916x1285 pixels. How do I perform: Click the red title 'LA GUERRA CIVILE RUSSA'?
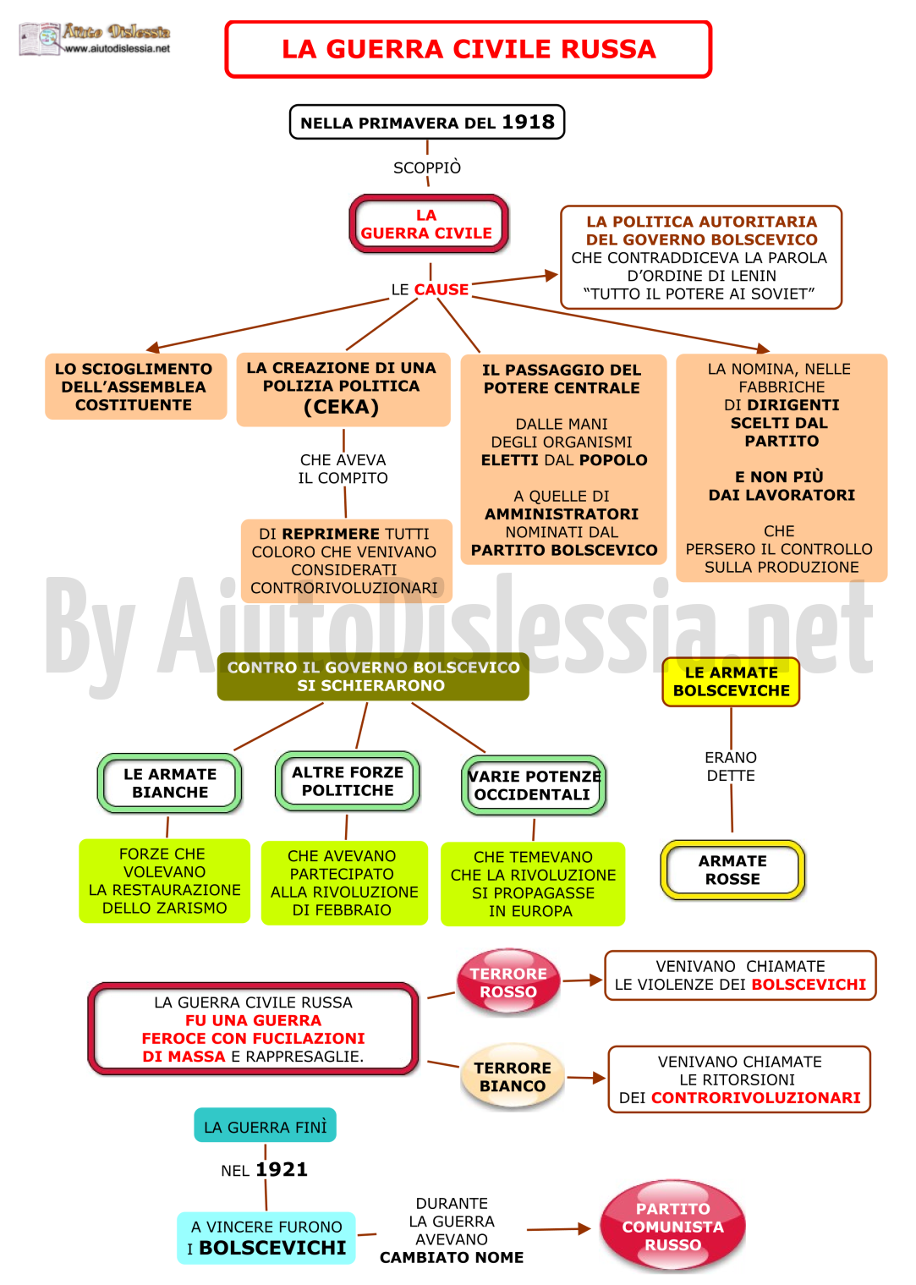click(468, 49)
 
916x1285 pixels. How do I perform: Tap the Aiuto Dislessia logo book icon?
click(39, 38)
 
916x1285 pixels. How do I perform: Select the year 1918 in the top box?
click(528, 122)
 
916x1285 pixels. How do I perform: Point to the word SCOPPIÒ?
click(427, 167)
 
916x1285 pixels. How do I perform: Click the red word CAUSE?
click(441, 289)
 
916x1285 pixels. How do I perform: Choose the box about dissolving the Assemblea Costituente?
click(135, 386)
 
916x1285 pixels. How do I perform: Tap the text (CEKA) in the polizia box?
click(341, 407)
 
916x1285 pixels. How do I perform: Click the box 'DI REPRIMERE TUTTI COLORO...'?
click(346, 561)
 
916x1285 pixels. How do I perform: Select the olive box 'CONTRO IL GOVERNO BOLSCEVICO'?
click(373, 677)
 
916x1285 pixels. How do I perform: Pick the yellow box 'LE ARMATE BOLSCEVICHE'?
click(731, 682)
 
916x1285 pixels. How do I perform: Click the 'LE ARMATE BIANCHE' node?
click(170, 783)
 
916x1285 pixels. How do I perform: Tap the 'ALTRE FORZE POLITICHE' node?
click(348, 781)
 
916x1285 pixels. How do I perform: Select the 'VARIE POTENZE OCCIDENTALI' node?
click(534, 785)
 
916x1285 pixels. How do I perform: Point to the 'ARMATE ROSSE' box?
click(732, 870)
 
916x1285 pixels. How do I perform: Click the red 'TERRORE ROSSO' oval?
click(508, 982)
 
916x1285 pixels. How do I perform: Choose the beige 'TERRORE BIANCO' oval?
click(513, 1077)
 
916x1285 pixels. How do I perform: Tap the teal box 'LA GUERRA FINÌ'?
click(265, 1127)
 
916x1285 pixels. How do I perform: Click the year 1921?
click(282, 1169)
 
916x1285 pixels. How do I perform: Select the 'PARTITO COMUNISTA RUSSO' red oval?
click(672, 1227)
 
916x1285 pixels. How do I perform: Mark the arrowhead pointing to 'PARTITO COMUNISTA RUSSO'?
click(584, 1228)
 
